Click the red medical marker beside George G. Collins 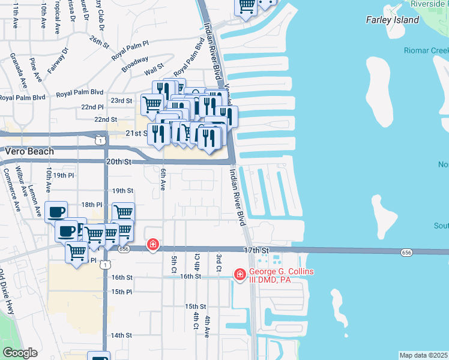tap(240, 274)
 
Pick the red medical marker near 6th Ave tap(153, 244)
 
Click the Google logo tap(20, 353)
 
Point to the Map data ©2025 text tap(424, 355)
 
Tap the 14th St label tap(121, 335)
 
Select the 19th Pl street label tap(63, 175)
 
